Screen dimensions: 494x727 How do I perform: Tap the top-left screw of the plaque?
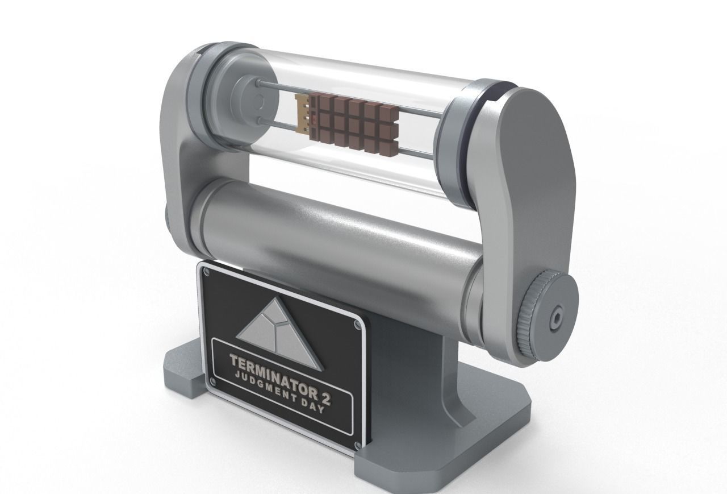[207, 273]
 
